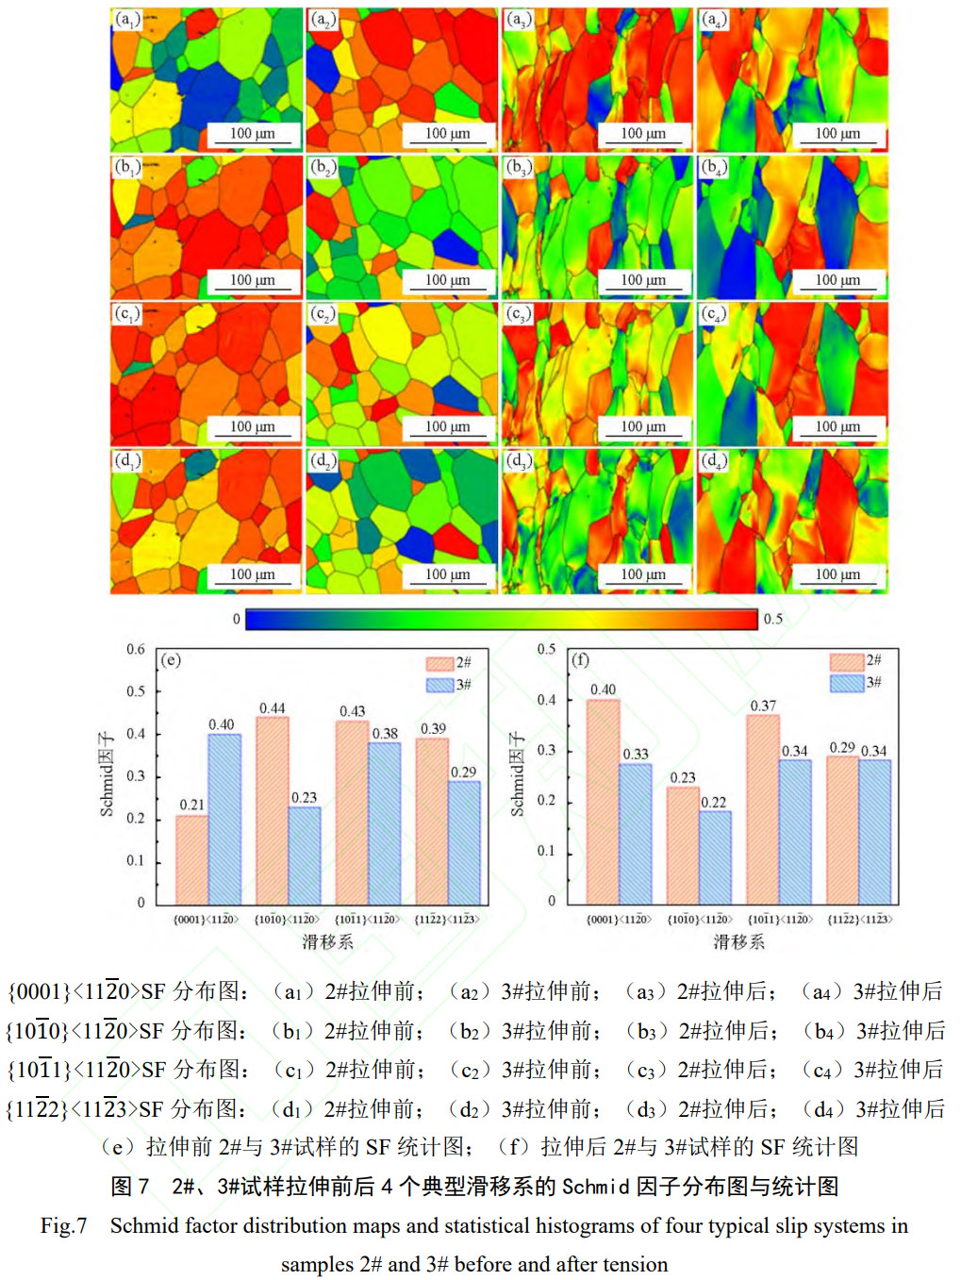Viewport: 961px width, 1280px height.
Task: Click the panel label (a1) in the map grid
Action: tap(127, 20)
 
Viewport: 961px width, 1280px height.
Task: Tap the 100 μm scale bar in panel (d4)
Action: tap(837, 574)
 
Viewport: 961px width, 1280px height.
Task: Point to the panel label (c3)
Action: tap(518, 314)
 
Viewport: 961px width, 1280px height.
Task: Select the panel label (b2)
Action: tap(323, 168)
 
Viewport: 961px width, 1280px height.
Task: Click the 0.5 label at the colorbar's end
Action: tap(773, 619)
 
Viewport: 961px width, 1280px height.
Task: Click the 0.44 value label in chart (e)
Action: tap(273, 708)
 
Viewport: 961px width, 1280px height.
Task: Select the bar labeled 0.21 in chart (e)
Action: tap(192, 859)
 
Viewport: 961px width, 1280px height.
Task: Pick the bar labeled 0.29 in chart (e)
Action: tap(464, 842)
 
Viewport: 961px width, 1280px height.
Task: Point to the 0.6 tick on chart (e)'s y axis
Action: tap(136, 649)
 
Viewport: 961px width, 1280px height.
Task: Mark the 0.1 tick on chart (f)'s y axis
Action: tap(546, 851)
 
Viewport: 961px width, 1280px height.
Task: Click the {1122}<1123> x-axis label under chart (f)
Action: tap(859, 919)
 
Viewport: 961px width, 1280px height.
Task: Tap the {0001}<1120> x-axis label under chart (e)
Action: tap(207, 919)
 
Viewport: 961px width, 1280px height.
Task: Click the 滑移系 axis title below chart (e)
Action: tap(328, 941)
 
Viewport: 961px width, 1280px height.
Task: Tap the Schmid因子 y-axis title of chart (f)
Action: tap(517, 773)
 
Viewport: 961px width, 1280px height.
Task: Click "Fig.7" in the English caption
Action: tap(63, 1225)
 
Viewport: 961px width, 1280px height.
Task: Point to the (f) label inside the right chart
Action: tap(580, 659)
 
